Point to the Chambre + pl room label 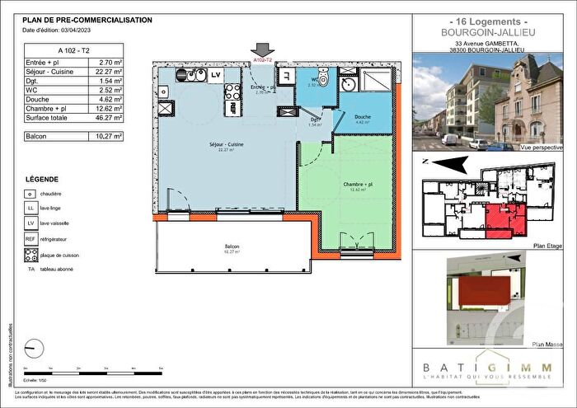[x=359, y=184]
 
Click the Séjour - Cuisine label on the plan [x=225, y=145]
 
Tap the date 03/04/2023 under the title [x=75, y=30]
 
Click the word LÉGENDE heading [x=42, y=179]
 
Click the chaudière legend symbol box [x=30, y=195]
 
